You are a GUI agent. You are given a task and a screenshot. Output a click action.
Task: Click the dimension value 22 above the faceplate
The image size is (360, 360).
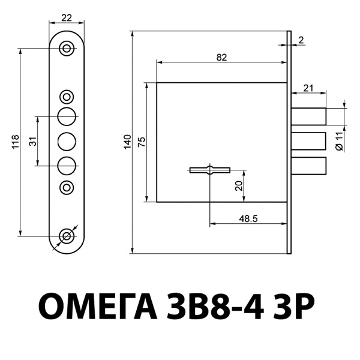tap(67, 17)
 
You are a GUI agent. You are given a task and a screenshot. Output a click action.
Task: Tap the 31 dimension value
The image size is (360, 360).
tap(33, 142)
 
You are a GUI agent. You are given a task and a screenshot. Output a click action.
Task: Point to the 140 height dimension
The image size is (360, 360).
tap(127, 142)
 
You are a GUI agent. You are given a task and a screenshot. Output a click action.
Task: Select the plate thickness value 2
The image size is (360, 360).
tap(301, 40)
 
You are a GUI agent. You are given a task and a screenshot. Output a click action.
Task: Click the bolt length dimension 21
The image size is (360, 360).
tap(308, 88)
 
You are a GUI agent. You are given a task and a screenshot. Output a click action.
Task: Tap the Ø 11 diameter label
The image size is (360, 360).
tap(339, 140)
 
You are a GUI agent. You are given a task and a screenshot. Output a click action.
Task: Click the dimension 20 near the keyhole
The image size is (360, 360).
tap(239, 186)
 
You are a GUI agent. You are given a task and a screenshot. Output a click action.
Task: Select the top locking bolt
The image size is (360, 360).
tap(309, 116)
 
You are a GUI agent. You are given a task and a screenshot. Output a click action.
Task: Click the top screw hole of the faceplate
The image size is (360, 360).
tap(67, 49)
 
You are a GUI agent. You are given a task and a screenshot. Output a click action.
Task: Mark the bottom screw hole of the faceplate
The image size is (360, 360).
tap(67, 236)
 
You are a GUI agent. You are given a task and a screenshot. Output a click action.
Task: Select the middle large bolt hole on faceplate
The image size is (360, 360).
tap(67, 142)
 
